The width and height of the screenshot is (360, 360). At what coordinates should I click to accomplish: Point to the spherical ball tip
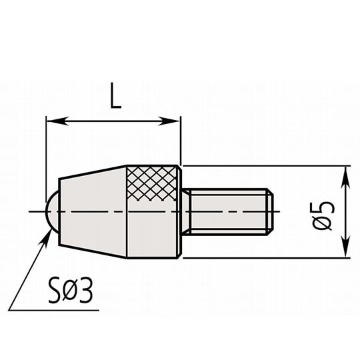(x=51, y=211)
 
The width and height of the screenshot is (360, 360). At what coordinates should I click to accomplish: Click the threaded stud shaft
(x=227, y=211)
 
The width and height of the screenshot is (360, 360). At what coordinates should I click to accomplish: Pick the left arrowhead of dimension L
(x=53, y=121)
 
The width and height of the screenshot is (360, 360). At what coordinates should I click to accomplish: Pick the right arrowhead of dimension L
(x=174, y=121)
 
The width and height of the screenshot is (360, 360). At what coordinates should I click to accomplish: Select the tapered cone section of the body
(x=92, y=211)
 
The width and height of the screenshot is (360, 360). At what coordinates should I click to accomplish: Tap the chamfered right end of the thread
(x=271, y=211)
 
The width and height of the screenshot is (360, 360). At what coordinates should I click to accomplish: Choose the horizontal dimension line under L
(x=113, y=121)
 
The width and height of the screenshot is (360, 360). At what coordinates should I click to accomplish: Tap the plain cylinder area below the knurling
(x=154, y=230)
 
